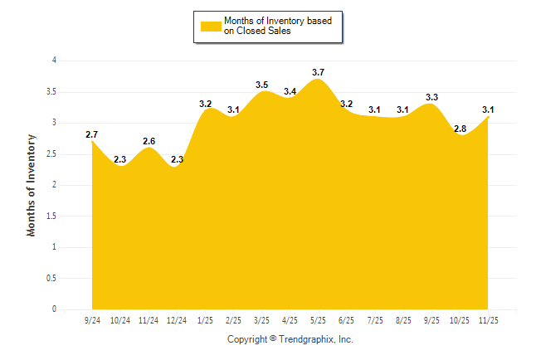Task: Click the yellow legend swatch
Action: pyautogui.click(x=211, y=26)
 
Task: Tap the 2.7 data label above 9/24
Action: pyautogui.click(x=92, y=134)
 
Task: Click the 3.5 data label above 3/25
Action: pyautogui.click(x=262, y=85)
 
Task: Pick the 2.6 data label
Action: pyautogui.click(x=149, y=141)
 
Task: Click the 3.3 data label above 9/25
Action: pyautogui.click(x=431, y=97)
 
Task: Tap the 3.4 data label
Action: pyautogui.click(x=290, y=91)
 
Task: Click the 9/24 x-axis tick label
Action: pyautogui.click(x=92, y=319)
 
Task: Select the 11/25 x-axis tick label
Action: pyautogui.click(x=489, y=319)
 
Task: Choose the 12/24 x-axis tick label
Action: pyautogui.click(x=177, y=319)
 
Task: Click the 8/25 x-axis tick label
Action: pyautogui.click(x=403, y=319)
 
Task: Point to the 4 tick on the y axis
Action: pyautogui.click(x=54, y=61)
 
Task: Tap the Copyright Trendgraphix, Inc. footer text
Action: pyautogui.click(x=290, y=339)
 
